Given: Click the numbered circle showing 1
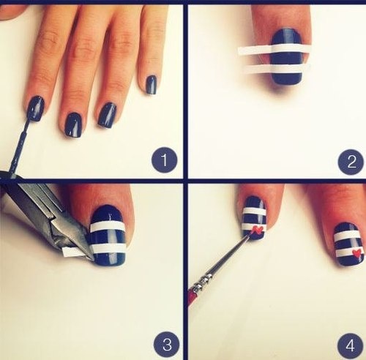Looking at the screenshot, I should pyautogui.click(x=164, y=160).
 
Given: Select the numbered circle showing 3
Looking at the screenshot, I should pyautogui.click(x=165, y=342).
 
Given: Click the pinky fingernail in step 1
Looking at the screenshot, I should pyautogui.click(x=152, y=85).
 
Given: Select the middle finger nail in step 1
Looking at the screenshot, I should pyautogui.click(x=73, y=124).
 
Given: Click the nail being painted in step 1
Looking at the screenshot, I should pyautogui.click(x=34, y=108).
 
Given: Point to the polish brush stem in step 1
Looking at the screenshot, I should pyautogui.click(x=21, y=143).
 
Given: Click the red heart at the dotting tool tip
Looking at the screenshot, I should pyautogui.click(x=257, y=230).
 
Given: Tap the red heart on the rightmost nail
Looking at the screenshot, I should pyautogui.click(x=356, y=254).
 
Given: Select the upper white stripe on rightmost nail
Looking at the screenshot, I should pyautogui.click(x=348, y=236).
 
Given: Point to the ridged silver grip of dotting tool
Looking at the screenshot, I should pyautogui.click(x=209, y=281).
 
